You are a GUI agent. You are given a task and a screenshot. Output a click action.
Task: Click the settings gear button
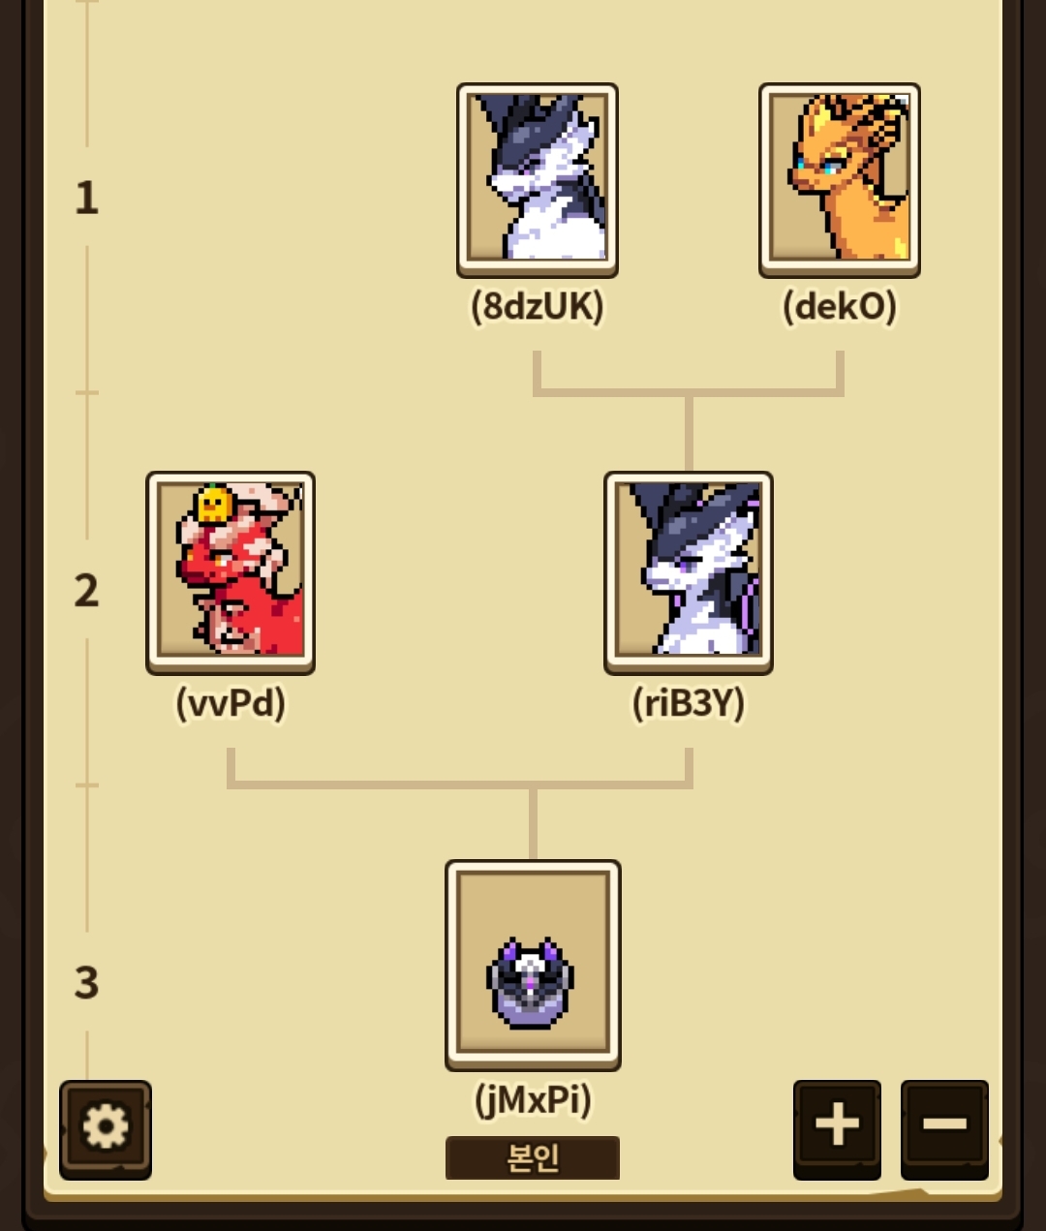coord(106,1129)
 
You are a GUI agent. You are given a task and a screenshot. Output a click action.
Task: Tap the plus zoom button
coord(837,1129)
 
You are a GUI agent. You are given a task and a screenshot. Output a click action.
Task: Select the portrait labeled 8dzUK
coord(538,180)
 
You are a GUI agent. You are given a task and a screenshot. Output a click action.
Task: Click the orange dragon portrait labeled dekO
coord(840,180)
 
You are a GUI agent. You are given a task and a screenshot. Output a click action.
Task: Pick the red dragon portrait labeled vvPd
coord(231,573)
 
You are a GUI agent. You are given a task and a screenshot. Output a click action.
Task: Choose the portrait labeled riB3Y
coord(689,573)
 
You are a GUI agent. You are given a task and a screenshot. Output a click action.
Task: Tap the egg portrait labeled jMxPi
coord(533,965)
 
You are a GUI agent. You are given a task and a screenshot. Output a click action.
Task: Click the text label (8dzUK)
coord(538,307)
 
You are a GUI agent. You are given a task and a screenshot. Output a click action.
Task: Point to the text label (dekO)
coord(840,307)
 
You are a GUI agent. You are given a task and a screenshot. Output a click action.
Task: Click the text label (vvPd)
coord(231,704)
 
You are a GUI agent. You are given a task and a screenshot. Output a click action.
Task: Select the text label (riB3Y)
coord(689,704)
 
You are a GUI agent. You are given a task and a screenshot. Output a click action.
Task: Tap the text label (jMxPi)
coord(533,1099)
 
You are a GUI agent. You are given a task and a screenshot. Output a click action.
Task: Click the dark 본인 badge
coord(533,1157)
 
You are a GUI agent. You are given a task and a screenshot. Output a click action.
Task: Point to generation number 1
coord(87,198)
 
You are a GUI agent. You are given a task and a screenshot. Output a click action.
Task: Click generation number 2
coord(87,591)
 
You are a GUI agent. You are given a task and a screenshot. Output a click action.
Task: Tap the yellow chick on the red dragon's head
coord(213,505)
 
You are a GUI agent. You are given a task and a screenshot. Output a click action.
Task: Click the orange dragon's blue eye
coord(830,168)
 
